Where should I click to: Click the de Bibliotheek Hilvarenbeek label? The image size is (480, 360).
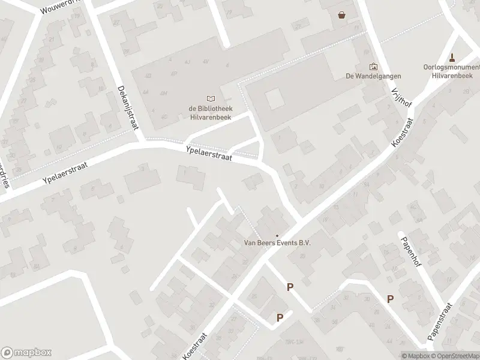tap(209, 112)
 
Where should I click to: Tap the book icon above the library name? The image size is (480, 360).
tap(209, 98)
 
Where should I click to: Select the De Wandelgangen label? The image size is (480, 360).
tap(373, 76)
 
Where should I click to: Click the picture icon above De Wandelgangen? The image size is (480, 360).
tap(373, 66)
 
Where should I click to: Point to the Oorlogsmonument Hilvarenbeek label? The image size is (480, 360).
tap(452, 71)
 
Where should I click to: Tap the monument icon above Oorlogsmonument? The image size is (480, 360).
tap(452, 57)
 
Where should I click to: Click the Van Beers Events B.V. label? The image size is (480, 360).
tap(277, 243)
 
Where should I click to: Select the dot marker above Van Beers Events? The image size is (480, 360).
tap(277, 235)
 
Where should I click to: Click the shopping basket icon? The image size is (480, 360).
tap(342, 15)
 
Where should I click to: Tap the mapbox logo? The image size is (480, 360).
tap(26, 353)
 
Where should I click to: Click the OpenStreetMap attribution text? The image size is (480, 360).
tap(456, 356)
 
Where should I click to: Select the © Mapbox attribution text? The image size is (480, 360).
tap(416, 356)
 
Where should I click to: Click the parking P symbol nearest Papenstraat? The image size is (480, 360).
tap(390, 299)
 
